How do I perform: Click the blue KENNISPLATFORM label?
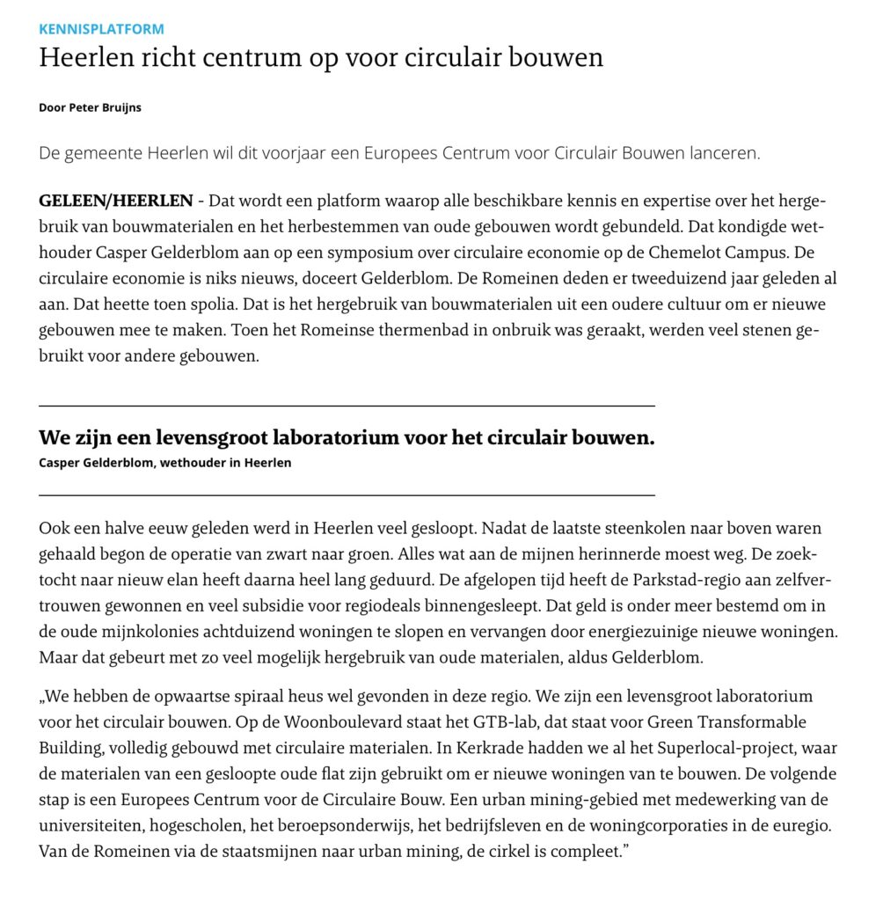click(101, 29)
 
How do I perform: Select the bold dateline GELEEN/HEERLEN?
click(115, 201)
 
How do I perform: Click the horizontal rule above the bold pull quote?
click(347, 406)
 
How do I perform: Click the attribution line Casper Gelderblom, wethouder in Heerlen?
click(165, 464)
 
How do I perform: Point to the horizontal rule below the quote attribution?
click(347, 496)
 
